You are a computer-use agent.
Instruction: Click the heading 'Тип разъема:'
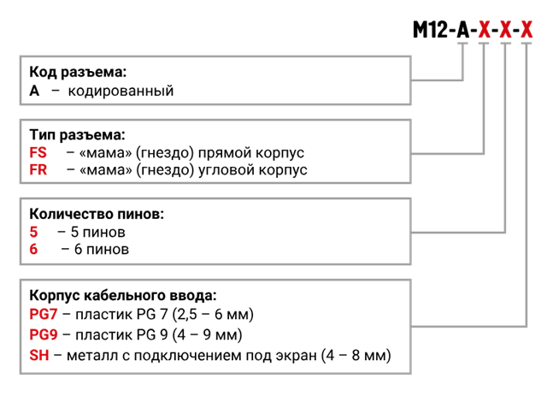click(78, 135)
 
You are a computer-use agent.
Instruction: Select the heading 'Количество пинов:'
click(96, 213)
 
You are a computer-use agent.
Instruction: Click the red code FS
click(38, 152)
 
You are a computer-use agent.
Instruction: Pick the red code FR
click(38, 169)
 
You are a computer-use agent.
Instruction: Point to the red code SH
click(39, 354)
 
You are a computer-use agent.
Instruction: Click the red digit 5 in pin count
click(34, 232)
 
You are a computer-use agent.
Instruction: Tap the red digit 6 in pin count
click(34, 250)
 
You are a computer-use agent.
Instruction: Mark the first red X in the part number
click(484, 31)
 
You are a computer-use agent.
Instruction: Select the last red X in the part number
click(526, 31)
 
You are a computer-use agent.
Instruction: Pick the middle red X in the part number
click(505, 31)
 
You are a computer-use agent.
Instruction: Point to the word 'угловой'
click(226, 169)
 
